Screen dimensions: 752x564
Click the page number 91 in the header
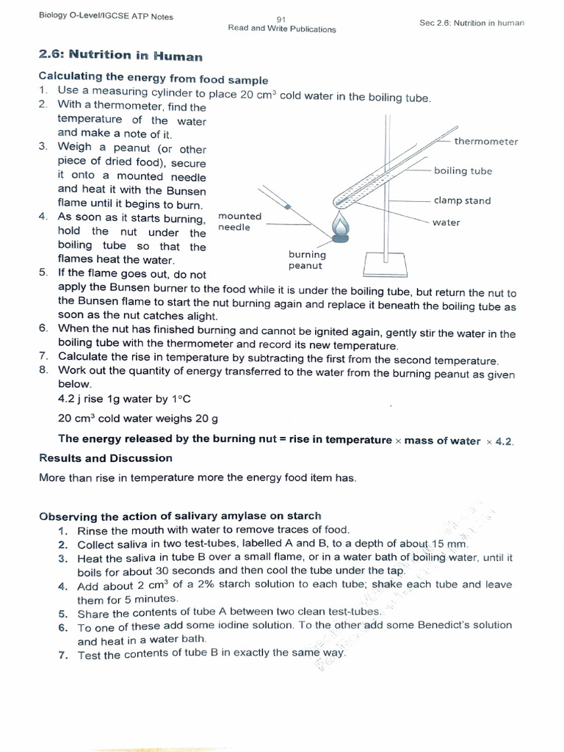click(x=281, y=19)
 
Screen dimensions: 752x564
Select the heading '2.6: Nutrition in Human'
click(x=120, y=57)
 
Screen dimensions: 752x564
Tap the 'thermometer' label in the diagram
click(x=485, y=141)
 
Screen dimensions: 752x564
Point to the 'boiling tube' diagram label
click(x=463, y=171)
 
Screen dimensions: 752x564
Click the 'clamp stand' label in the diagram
click(x=462, y=200)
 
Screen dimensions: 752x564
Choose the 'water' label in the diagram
click(x=446, y=223)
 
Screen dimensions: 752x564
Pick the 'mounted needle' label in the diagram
click(x=239, y=222)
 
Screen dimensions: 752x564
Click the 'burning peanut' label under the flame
click(x=307, y=260)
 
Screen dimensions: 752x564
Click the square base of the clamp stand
click(x=386, y=263)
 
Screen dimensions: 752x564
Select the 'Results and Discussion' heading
click(x=106, y=458)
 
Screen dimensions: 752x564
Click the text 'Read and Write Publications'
click(x=282, y=29)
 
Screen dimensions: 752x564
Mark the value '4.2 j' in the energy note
click(x=71, y=399)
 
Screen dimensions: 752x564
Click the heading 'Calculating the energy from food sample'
click(x=153, y=80)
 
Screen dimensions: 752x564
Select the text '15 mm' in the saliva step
click(x=449, y=544)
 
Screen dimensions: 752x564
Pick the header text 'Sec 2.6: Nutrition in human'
click(x=471, y=23)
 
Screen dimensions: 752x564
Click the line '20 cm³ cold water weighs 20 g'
click(x=138, y=419)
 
